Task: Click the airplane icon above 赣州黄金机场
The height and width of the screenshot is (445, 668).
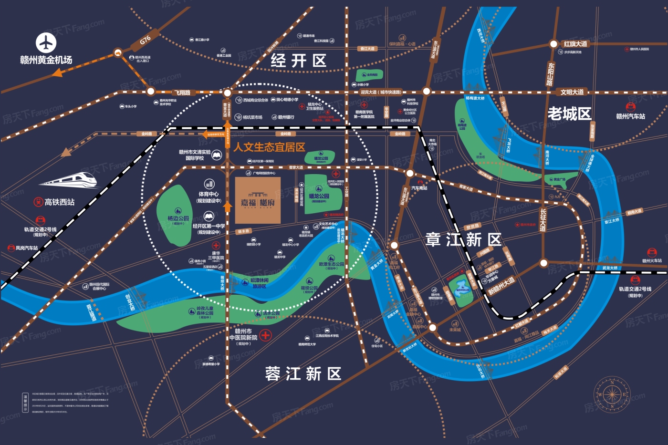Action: click(x=46, y=43)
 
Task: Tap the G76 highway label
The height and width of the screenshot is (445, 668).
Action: click(x=146, y=40)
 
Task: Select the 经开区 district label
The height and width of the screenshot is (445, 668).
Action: click(x=299, y=61)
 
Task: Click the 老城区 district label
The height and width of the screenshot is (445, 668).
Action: click(x=569, y=114)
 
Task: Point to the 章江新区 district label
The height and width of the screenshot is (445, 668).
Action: click(x=463, y=239)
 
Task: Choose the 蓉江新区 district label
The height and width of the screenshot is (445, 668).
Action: click(x=303, y=374)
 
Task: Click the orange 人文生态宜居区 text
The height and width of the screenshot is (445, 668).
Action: click(x=269, y=147)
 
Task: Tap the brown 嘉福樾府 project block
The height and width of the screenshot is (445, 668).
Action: click(x=258, y=201)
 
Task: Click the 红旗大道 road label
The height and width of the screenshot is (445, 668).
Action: click(x=575, y=44)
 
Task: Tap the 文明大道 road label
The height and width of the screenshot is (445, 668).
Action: click(x=572, y=92)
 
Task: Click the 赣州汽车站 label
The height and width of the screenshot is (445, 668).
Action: click(x=630, y=116)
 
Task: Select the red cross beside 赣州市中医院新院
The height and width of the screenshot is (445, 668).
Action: click(x=265, y=335)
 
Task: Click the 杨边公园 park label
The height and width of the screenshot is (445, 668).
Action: click(x=178, y=218)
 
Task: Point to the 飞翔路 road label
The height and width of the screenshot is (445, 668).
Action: click(x=182, y=93)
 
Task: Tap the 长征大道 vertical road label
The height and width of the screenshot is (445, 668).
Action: click(x=543, y=220)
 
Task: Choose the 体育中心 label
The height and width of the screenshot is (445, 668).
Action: click(x=209, y=194)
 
